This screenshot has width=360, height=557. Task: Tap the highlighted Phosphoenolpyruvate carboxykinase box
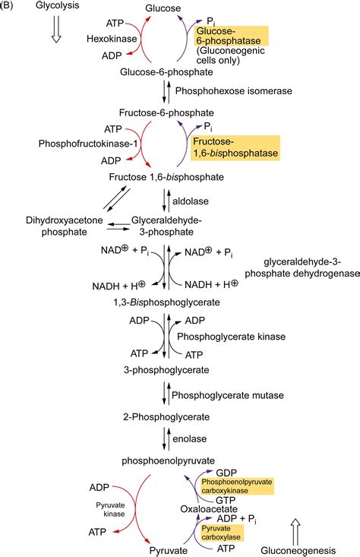tap(236, 486)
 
